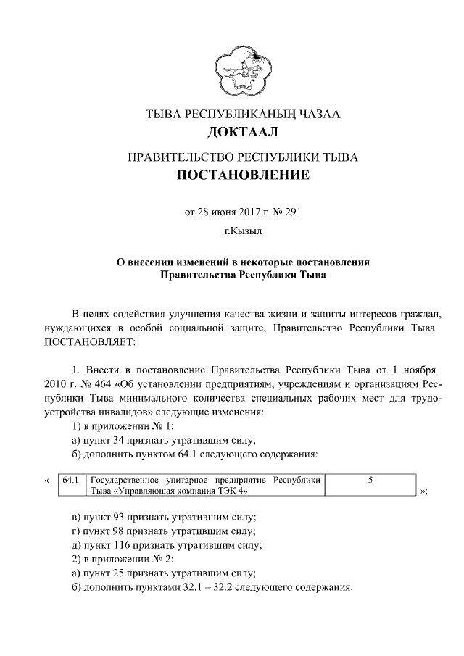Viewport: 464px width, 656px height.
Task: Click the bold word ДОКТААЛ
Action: tap(242, 133)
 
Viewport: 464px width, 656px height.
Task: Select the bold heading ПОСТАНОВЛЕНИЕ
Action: tap(242, 175)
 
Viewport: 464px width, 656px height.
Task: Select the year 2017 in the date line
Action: tap(234, 212)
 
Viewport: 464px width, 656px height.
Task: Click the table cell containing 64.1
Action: tap(70, 480)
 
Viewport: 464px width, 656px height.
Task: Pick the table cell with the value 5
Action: tap(370, 480)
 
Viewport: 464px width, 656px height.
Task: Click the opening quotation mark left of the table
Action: tap(47, 481)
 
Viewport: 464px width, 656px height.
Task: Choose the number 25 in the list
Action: tap(120, 573)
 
